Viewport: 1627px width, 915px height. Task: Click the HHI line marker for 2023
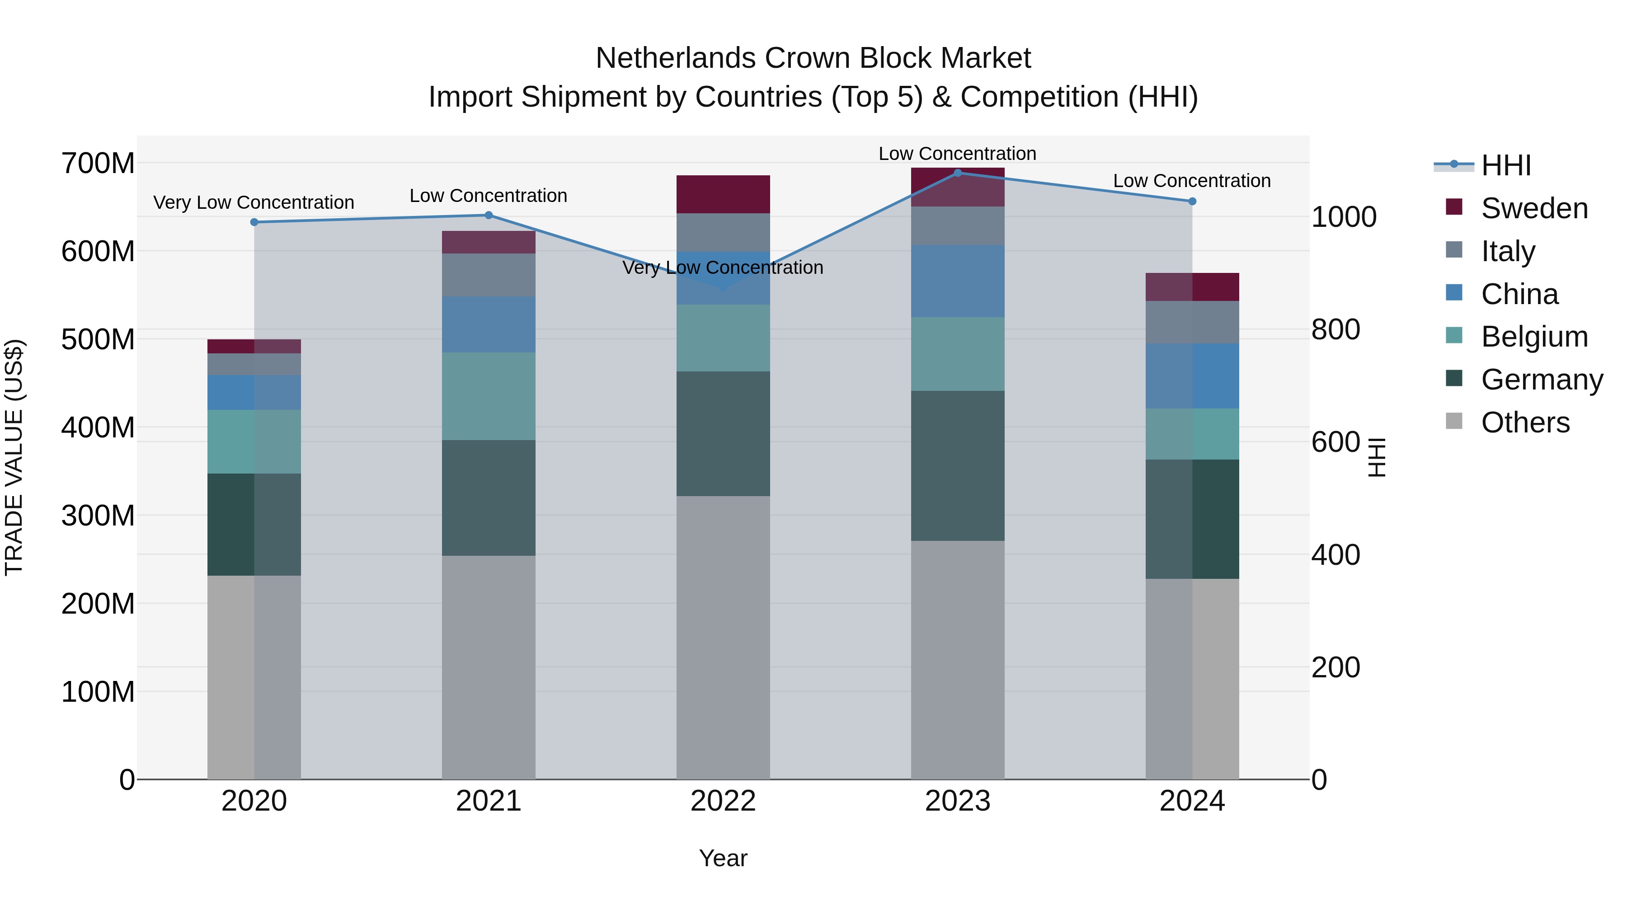pyautogui.click(x=958, y=173)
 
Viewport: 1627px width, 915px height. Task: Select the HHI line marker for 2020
pyautogui.click(x=254, y=222)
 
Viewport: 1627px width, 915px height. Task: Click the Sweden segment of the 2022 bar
pyautogui.click(x=723, y=194)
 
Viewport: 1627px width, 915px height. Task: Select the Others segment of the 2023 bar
pyautogui.click(x=958, y=660)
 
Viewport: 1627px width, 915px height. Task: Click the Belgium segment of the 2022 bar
pyautogui.click(x=723, y=338)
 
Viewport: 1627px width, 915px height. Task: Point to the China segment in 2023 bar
pyautogui.click(x=958, y=281)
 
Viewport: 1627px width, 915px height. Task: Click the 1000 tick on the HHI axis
pyautogui.click(x=1344, y=216)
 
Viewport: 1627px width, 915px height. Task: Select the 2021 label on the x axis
pyautogui.click(x=488, y=801)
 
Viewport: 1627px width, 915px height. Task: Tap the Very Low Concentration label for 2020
pyautogui.click(x=254, y=203)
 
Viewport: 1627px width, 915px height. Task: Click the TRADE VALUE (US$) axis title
pyautogui.click(x=14, y=457)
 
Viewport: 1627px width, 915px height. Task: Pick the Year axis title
pyautogui.click(x=723, y=858)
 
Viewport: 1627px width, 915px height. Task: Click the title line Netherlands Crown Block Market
pyautogui.click(x=813, y=58)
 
